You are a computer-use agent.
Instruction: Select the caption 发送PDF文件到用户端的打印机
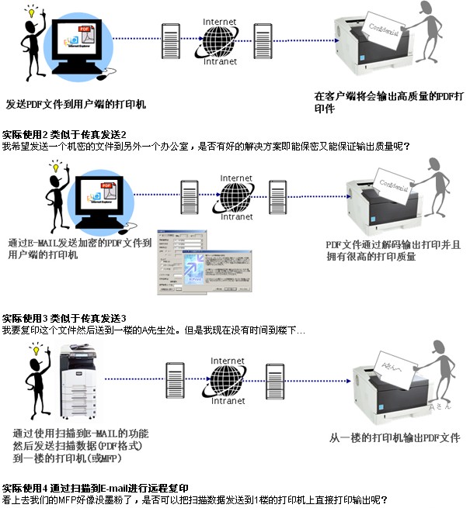coord(76,103)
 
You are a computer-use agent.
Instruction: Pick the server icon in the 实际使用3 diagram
coord(274,378)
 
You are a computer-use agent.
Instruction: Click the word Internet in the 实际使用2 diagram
coord(236,178)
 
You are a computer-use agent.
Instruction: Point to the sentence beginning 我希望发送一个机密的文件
coord(207,146)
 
